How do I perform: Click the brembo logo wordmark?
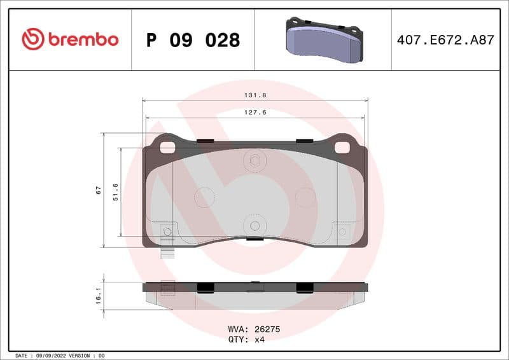pos(83,39)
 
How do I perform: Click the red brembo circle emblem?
pos(33,39)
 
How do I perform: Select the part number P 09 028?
pos(193,40)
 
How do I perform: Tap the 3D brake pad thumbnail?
pos(323,39)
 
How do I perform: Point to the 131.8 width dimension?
pos(254,95)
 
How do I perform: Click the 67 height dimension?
pos(98,190)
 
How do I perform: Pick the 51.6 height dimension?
pos(115,191)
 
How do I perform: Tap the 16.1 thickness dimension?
pos(98,295)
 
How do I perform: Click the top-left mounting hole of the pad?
pos(167,147)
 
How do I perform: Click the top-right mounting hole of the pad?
pos(342,147)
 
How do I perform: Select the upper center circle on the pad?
pos(254,161)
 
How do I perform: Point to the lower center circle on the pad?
pos(254,226)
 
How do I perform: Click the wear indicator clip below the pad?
pos(168,252)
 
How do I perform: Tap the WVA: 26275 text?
pos(254,329)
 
